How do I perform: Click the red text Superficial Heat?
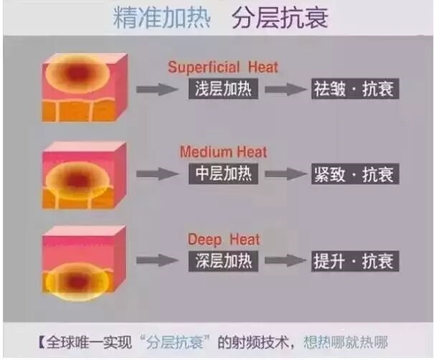[223, 67]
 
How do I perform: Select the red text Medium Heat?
[223, 152]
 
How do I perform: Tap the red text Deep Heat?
[224, 240]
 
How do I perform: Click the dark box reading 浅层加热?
[223, 89]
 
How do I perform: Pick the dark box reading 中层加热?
[223, 174]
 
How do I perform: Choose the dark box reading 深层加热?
[223, 261]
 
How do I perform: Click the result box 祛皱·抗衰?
[355, 89]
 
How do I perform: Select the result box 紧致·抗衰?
[355, 174]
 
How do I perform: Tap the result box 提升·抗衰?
[355, 261]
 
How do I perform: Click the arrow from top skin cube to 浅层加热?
[157, 89]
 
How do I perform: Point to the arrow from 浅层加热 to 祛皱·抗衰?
[286, 89]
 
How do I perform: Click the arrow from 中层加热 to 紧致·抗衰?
[286, 174]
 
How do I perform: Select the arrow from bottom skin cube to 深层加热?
[157, 260]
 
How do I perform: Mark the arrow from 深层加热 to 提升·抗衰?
[286, 260]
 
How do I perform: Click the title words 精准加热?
[162, 17]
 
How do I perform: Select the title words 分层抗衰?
[280, 18]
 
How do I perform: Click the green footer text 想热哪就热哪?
[346, 343]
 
